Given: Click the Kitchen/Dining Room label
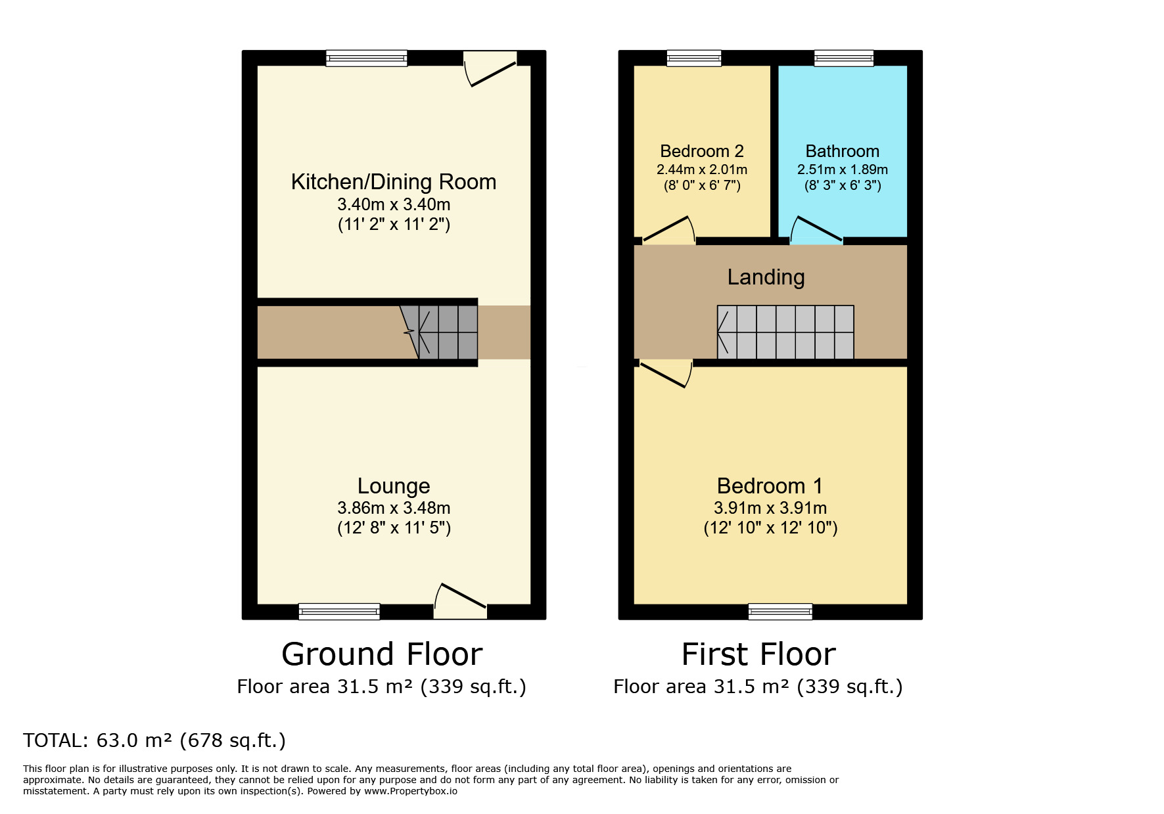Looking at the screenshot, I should click(x=393, y=182).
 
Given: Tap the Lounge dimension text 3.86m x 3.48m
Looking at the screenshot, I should click(x=393, y=508).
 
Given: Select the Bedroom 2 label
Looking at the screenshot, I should click(x=701, y=151).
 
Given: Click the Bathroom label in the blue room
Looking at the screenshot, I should click(x=842, y=151).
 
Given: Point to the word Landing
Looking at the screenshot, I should click(x=766, y=277).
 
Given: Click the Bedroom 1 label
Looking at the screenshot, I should click(x=770, y=486).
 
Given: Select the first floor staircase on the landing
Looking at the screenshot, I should click(x=785, y=332).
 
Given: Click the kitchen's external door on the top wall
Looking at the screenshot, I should click(x=490, y=68).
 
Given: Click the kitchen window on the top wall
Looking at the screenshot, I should click(x=366, y=58).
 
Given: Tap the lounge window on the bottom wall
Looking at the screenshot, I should click(x=339, y=611).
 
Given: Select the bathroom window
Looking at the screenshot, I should click(x=844, y=58).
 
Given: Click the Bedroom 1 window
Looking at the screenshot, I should click(x=780, y=611).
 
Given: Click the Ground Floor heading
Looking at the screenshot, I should click(x=382, y=654).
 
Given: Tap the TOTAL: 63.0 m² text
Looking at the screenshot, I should click(x=154, y=740).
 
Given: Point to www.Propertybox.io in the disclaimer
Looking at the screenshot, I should click(x=410, y=791).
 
